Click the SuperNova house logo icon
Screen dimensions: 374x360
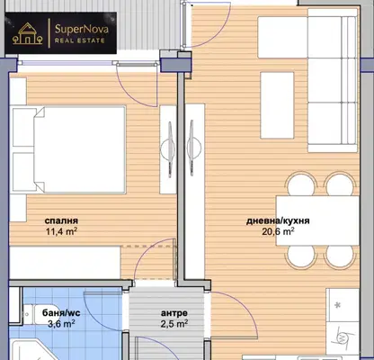point(27,33)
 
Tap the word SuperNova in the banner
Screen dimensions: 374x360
point(82,30)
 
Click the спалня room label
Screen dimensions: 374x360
point(61,220)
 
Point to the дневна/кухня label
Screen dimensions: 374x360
point(278,221)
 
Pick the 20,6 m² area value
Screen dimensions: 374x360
point(278,231)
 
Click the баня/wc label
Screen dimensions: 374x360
point(61,313)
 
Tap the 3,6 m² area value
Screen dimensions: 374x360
point(61,324)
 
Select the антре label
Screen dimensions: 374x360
point(174,313)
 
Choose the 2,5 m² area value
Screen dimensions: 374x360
point(174,324)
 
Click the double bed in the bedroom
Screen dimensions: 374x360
point(69,149)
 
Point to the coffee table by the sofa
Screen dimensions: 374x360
point(277,105)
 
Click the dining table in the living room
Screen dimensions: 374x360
point(317,220)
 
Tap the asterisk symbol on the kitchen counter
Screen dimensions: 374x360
point(338,305)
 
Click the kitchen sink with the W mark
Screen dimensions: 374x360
point(343,338)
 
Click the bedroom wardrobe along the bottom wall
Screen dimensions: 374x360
point(65,263)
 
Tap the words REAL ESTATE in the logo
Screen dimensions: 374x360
point(80,40)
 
